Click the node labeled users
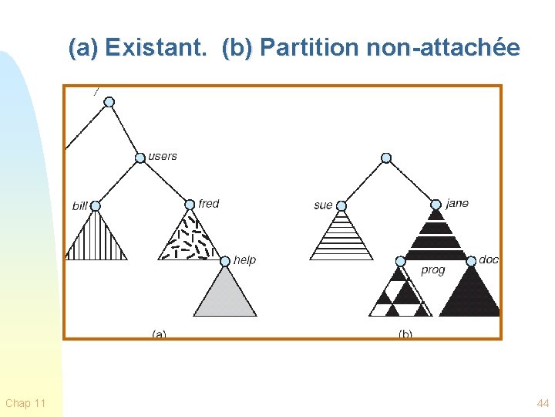[x=140, y=158]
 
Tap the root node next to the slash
[x=109, y=102]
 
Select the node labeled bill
[x=96, y=206]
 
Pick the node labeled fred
[x=190, y=205]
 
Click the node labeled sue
[x=341, y=206]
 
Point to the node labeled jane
[x=437, y=205]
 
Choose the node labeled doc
[x=470, y=261]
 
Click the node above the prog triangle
[x=399, y=261]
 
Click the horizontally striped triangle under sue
[x=341, y=239]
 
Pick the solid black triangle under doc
[x=470, y=295]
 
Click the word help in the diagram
[x=244, y=260]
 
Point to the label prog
[x=432, y=270]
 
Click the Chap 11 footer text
[x=25, y=403]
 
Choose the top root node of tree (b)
[x=386, y=158]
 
